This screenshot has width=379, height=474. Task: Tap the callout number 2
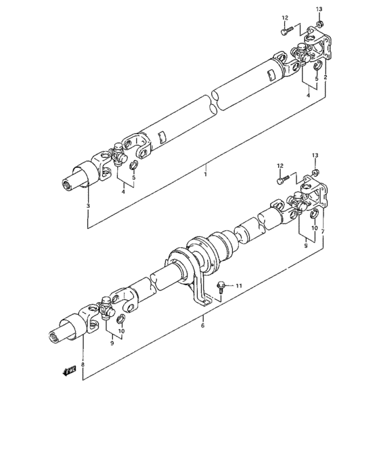point(325,78)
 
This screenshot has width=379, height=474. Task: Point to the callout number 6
point(202,326)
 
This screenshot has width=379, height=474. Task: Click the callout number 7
point(323,231)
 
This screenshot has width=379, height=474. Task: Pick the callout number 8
point(83,365)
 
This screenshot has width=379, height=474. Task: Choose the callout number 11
point(238,286)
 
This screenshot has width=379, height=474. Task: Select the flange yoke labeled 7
point(315,196)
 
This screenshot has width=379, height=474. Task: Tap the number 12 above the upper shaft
point(284,18)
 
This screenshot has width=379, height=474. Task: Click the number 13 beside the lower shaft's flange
point(315,156)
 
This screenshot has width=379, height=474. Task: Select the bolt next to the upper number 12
point(285,30)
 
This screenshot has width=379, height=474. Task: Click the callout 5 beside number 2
point(315,78)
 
